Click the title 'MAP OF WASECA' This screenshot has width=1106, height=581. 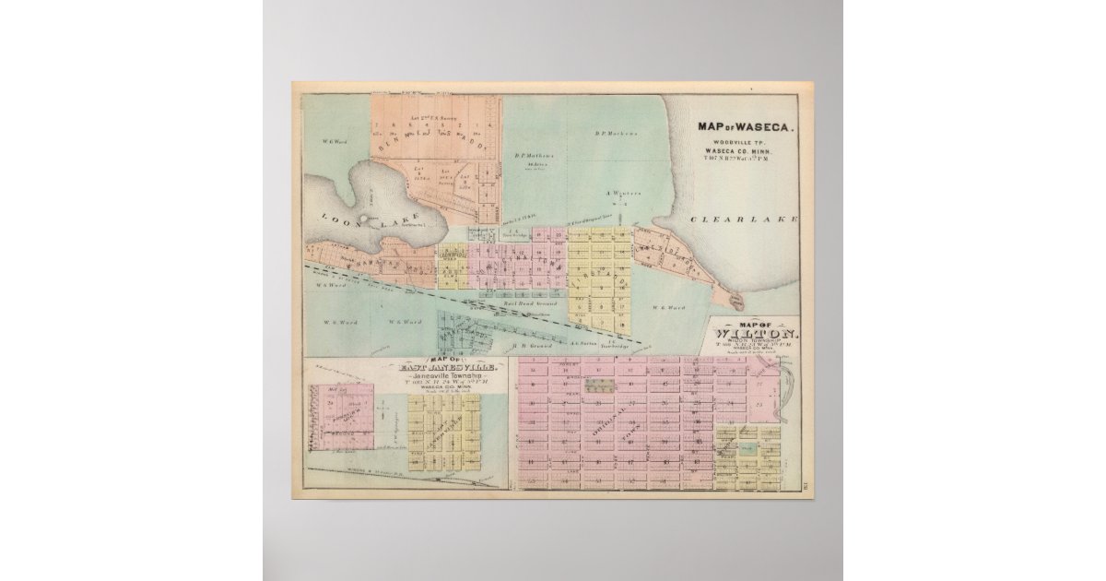coord(744,128)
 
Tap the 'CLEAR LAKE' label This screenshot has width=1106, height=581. coord(756,219)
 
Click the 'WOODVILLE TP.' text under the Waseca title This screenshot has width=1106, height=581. coord(744,143)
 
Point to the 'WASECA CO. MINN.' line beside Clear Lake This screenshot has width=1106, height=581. coord(744,151)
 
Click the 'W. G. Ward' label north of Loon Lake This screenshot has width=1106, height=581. coord(333,141)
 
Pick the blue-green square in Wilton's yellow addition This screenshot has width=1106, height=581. coord(748,447)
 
